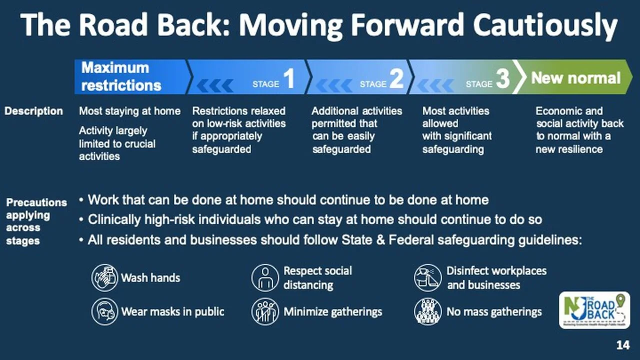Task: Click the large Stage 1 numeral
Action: coord(289,78)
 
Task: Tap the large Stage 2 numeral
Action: coord(397,78)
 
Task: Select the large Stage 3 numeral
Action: coord(503,78)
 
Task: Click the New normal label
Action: coord(575,78)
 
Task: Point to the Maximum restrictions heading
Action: coord(121,76)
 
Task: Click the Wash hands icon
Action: coord(104,277)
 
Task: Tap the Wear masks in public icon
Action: coord(104,311)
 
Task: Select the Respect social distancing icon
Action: coord(265,277)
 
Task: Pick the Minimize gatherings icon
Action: coord(265,311)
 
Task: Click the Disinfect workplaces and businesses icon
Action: coord(427,277)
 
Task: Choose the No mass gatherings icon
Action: coord(427,311)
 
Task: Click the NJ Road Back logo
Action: coord(594,310)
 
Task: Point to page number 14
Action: coord(623,345)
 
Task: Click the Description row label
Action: coord(33,111)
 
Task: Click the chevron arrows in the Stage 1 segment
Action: coord(215,85)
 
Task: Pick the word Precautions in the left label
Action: coord(36,202)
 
